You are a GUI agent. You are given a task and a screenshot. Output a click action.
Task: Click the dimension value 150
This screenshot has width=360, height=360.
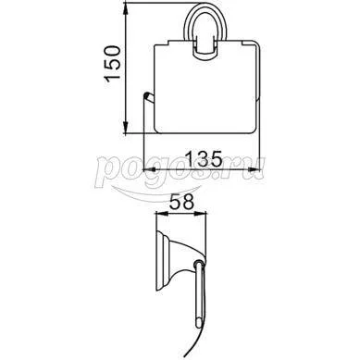pos(112,64)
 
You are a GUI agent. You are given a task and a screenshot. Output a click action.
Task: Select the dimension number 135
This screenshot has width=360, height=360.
pos(204,159)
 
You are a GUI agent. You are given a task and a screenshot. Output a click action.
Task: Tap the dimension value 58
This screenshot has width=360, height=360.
pos(181,202)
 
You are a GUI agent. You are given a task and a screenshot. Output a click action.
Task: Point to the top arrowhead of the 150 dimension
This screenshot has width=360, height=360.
pos(126,7)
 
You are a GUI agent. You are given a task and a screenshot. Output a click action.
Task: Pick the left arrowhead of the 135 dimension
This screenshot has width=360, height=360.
pos(150,169)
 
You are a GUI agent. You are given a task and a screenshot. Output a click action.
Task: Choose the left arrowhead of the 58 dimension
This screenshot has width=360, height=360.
pos(162,213)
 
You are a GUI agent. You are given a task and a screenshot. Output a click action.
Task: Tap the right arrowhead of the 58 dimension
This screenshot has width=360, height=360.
pos(201,213)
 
